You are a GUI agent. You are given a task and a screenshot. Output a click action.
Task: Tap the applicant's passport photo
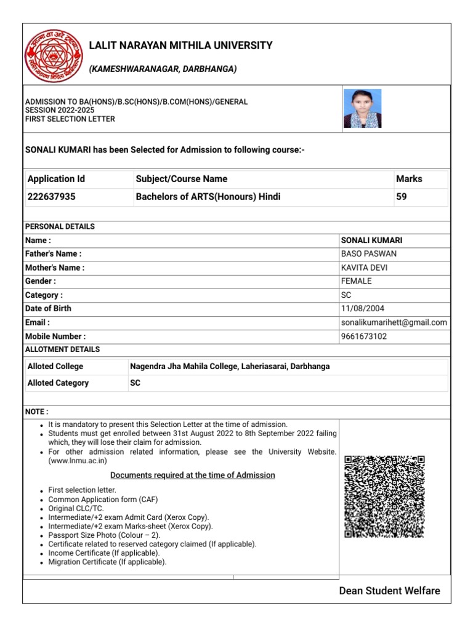pyautogui.click(x=362, y=109)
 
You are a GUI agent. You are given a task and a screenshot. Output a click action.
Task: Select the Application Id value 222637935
pyautogui.click(x=52, y=197)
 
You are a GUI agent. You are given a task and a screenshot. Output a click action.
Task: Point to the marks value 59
pyautogui.click(x=402, y=197)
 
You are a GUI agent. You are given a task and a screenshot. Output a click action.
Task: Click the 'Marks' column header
pyautogui.click(x=409, y=179)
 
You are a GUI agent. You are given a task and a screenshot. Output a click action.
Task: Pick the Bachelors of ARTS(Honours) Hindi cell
pyautogui.click(x=208, y=197)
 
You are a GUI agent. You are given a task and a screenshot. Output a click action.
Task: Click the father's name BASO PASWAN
pyautogui.click(x=368, y=253)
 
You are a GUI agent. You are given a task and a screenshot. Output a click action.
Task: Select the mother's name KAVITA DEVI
pyautogui.click(x=364, y=268)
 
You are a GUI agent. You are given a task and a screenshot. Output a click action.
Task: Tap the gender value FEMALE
pyautogui.click(x=356, y=281)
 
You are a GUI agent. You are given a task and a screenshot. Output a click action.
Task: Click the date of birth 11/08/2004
pyautogui.click(x=362, y=309)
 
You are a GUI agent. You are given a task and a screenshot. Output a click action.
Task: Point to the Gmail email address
pyautogui.click(x=394, y=322)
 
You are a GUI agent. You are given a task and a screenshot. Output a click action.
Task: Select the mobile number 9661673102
pyautogui.click(x=364, y=337)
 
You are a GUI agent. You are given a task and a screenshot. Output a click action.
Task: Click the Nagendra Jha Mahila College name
pyautogui.click(x=230, y=367)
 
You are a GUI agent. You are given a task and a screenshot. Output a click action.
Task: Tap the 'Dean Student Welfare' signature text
pyautogui.click(x=389, y=591)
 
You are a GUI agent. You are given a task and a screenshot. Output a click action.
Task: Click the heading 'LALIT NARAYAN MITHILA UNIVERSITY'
pyautogui.click(x=180, y=46)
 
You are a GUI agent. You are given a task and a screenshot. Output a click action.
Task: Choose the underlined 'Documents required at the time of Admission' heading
pyautogui.click(x=192, y=476)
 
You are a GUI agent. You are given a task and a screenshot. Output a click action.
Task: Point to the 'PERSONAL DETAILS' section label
pyautogui.click(x=60, y=226)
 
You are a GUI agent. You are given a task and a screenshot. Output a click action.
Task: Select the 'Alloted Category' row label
pyautogui.click(x=58, y=383)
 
